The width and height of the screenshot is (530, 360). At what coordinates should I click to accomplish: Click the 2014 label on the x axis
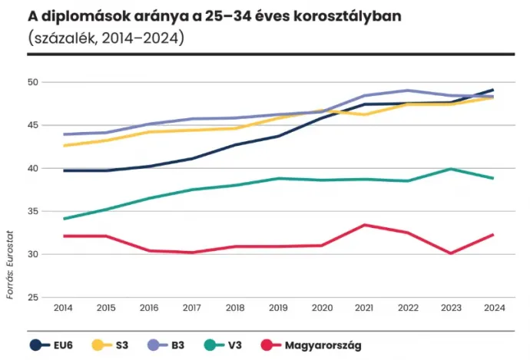63,307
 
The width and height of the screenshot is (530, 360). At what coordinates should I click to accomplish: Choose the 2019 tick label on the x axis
278,307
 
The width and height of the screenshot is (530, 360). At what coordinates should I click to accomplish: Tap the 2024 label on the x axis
492,307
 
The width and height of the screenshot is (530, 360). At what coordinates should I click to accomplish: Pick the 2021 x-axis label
364,307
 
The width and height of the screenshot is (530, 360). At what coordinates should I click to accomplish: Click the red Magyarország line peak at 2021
364,225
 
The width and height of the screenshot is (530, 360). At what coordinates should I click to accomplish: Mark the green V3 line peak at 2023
450,169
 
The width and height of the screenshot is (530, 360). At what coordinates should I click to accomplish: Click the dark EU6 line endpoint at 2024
492,90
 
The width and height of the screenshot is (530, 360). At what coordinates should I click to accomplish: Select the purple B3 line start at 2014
63,134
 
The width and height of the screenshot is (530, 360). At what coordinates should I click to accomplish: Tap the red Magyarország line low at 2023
450,253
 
